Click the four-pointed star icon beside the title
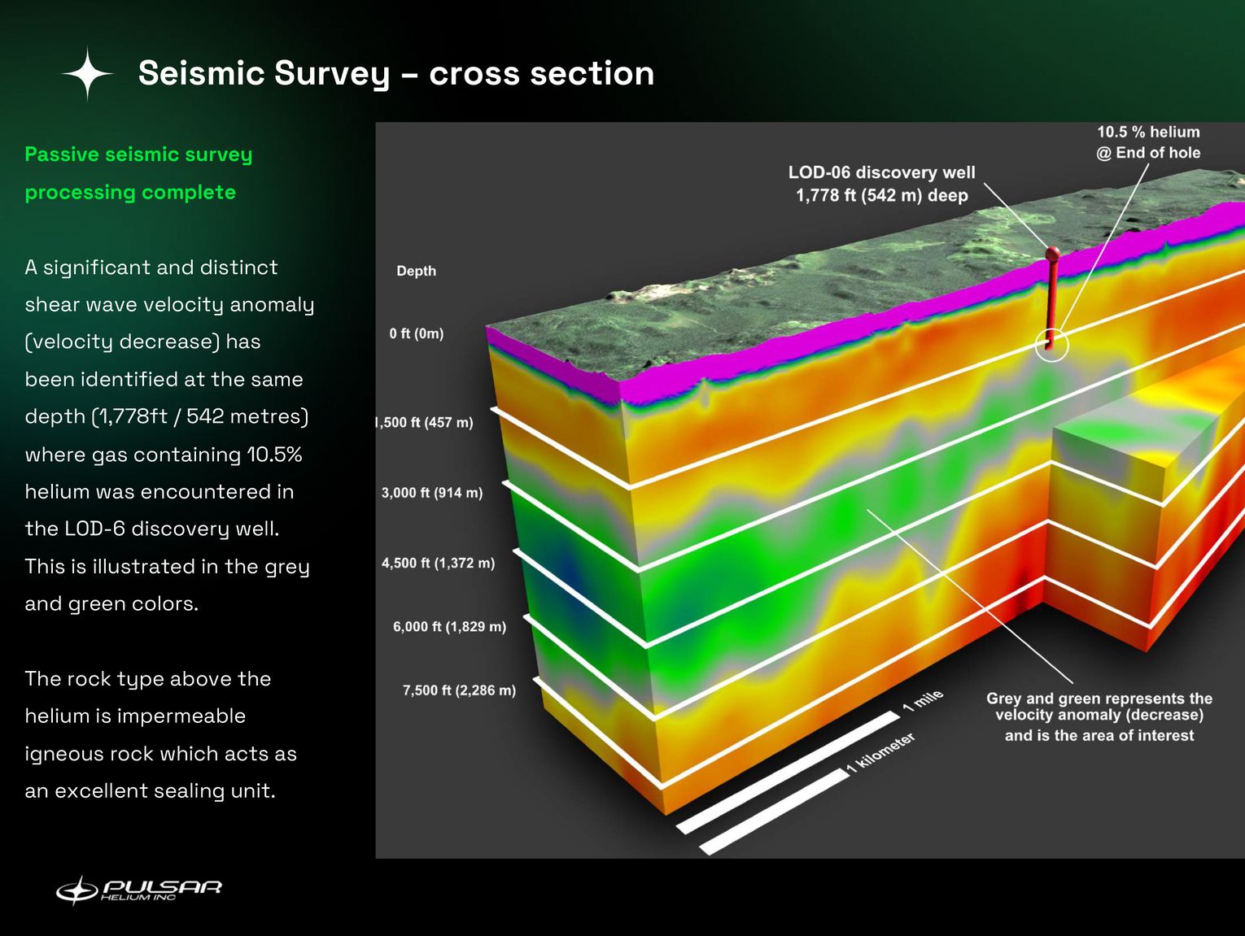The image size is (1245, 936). (88, 74)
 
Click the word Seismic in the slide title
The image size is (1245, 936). (201, 74)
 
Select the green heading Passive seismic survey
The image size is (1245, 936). (138, 155)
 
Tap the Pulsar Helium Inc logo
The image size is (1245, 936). (138, 890)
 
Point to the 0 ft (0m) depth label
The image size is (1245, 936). (416, 333)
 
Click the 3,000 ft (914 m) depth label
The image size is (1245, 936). (432, 493)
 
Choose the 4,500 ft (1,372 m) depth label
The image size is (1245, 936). (438, 563)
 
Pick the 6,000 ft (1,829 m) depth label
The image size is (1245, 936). (449, 627)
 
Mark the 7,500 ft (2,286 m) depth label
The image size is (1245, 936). (459, 690)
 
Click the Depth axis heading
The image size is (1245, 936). (416, 271)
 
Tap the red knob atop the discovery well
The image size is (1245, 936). (1052, 253)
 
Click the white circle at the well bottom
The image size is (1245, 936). (1051, 345)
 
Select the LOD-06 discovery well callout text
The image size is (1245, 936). (881, 184)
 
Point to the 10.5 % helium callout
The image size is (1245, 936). (1148, 142)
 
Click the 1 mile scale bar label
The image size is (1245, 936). (923, 700)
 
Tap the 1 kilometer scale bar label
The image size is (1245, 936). (880, 752)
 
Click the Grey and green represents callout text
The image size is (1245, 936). (1099, 716)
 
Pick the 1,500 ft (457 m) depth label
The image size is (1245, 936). (425, 423)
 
